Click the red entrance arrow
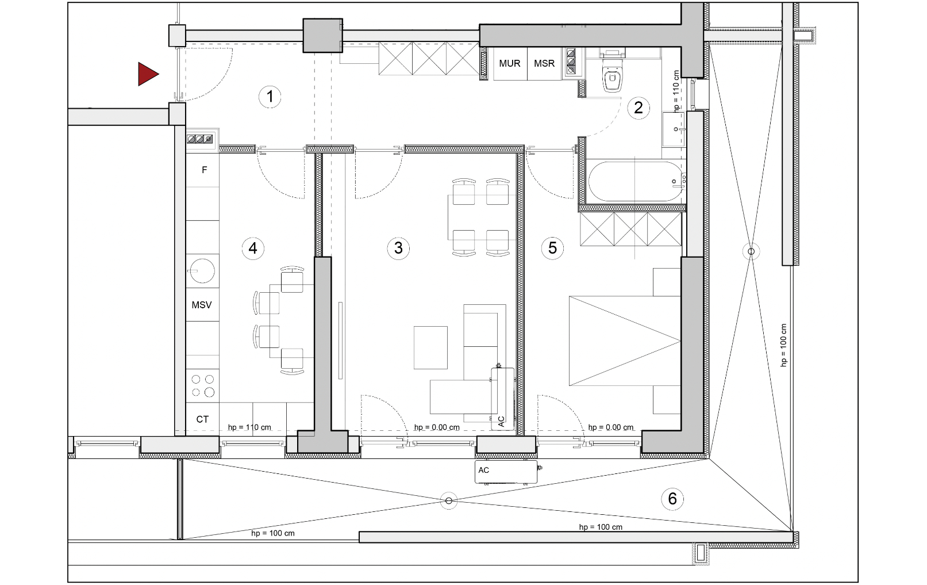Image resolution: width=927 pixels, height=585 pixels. pos(148,74)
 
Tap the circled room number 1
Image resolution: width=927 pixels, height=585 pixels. pos(270,97)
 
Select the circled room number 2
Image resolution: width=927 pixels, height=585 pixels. pos(638,108)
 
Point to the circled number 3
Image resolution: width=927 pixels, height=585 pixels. pos(398,248)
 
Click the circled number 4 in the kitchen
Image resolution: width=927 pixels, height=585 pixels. pos(253,248)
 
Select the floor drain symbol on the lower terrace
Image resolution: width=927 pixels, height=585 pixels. pos(449,501)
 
